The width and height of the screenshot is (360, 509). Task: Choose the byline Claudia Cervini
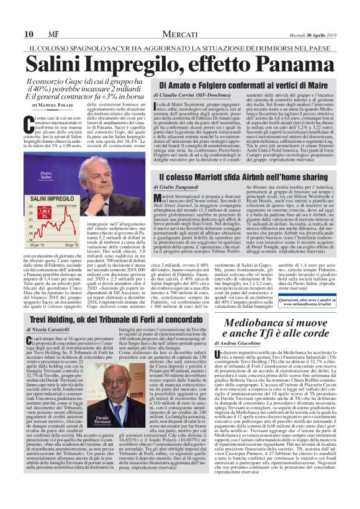coord(182,95)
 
